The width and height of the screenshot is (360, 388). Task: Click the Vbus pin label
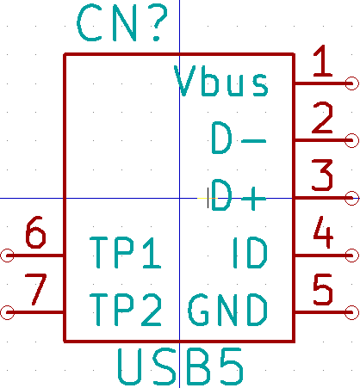coord(221,81)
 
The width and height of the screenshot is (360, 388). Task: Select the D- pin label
coord(239,138)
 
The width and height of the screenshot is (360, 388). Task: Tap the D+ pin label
coord(239,195)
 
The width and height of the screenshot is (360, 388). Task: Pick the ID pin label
coord(250,253)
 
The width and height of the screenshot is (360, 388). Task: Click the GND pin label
coord(227,310)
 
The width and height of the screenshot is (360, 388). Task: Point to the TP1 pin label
coord(126,253)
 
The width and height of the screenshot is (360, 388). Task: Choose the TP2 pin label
coord(126,310)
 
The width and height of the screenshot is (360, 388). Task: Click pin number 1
coord(323,61)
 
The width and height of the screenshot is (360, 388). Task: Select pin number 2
coord(323,118)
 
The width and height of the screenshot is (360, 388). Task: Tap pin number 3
coord(322,176)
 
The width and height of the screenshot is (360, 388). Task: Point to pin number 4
coord(323,232)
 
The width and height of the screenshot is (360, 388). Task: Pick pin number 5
coord(323,290)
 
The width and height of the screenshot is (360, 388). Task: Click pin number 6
coord(35,232)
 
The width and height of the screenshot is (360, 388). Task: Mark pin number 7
coord(36,290)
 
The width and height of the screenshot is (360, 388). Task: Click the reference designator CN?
coord(122,23)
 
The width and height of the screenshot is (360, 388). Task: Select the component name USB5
coord(181,366)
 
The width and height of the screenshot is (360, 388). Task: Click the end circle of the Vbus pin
coord(351,83)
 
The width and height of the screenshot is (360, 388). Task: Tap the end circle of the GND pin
coord(351,312)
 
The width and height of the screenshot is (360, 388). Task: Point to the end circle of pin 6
coord(7,256)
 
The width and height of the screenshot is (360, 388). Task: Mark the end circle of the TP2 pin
coord(7,312)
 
